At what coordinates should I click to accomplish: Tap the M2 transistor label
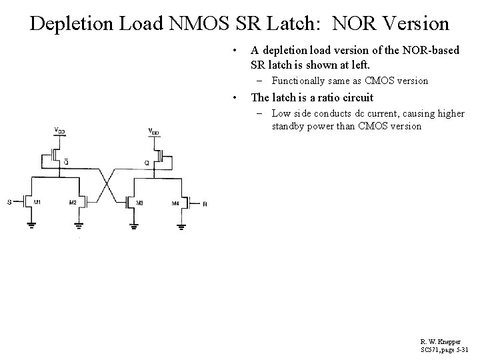pyautogui.click(x=73, y=202)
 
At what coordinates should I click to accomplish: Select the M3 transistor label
pyautogui.click(x=139, y=202)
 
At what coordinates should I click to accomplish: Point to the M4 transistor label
pyautogui.click(x=175, y=202)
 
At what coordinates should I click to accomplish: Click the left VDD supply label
pyautogui.click(x=59, y=130)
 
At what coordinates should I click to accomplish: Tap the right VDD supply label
pyautogui.click(x=153, y=130)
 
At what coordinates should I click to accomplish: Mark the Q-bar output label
pyautogui.click(x=65, y=161)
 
